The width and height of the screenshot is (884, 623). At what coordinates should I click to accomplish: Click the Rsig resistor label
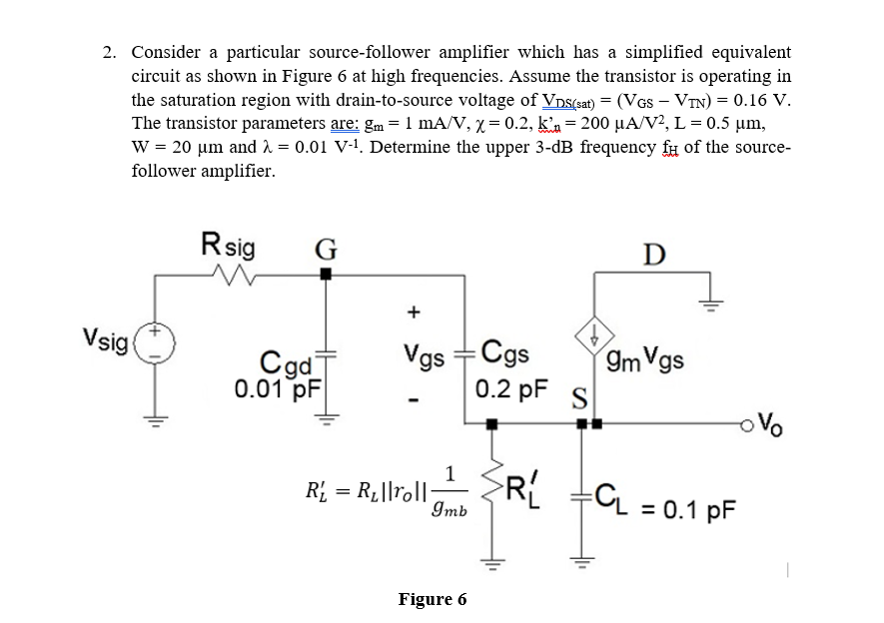click(228, 245)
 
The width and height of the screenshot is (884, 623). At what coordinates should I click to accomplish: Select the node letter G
click(325, 249)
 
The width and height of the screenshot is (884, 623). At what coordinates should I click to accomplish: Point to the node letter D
click(653, 255)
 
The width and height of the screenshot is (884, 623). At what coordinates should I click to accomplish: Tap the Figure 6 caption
click(432, 599)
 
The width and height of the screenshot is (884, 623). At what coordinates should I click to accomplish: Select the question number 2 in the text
click(111, 52)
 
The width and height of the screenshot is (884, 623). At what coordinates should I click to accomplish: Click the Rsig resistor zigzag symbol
click(237, 277)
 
